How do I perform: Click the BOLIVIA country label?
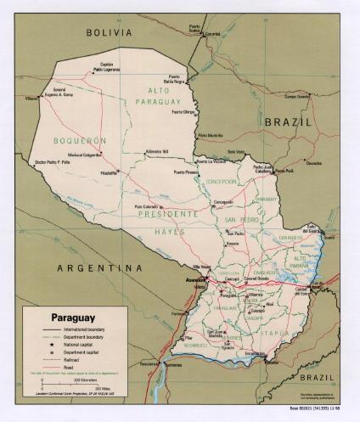pyautogui.click(x=110, y=32)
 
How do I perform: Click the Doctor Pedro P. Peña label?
pyautogui.click(x=53, y=160)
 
